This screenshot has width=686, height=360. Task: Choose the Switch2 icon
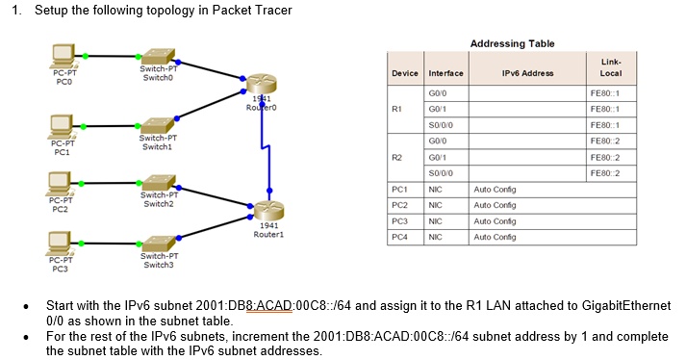pos(158,183)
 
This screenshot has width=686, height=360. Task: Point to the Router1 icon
pos(268,211)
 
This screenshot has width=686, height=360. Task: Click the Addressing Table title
pos(512,43)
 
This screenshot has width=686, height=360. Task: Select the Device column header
pos(405,73)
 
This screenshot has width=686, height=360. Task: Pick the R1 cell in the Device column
pos(397,109)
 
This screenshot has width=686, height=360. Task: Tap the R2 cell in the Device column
pos(397,157)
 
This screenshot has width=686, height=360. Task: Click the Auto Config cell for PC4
pos(495,237)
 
